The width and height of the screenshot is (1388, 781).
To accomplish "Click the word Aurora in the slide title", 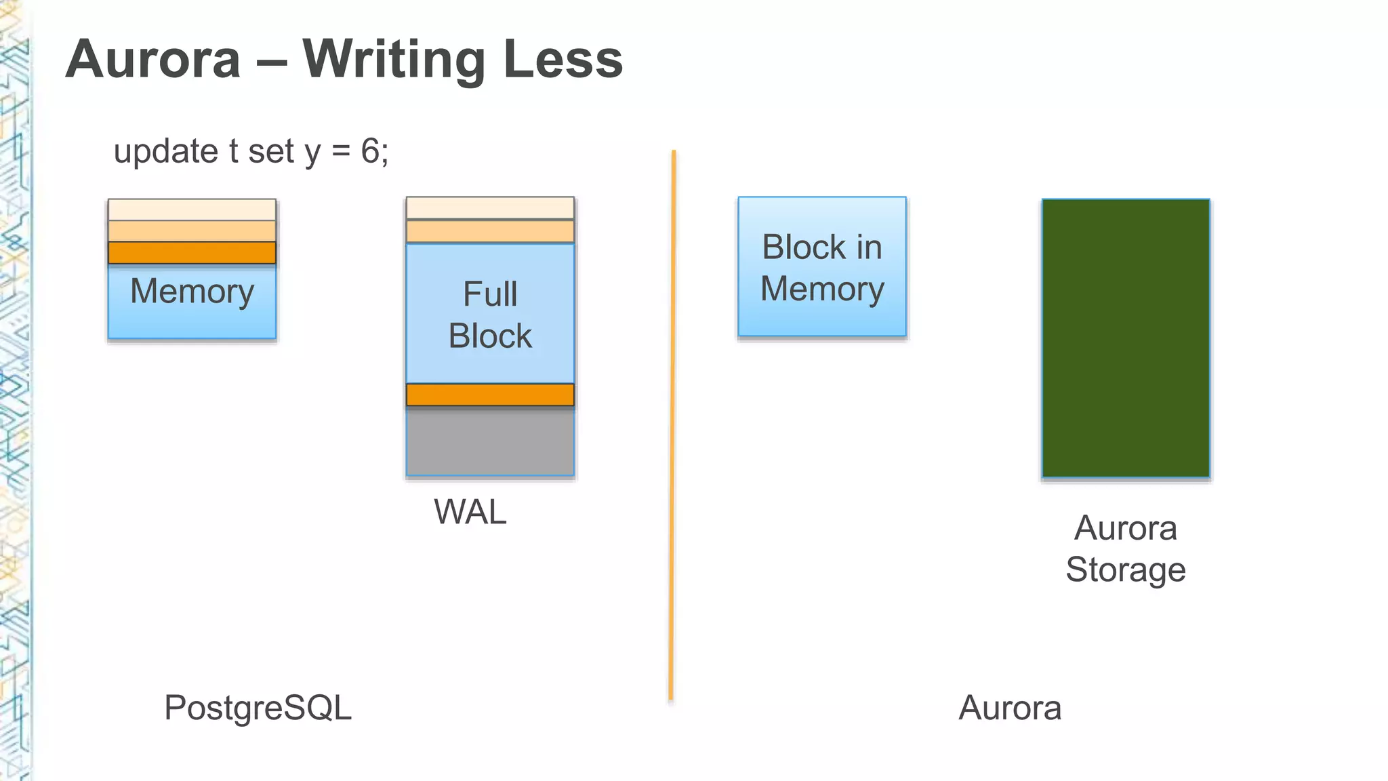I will pos(153,60).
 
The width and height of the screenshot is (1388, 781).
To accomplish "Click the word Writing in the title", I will pos(394,60).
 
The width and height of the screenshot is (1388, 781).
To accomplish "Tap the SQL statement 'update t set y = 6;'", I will pos(251,151).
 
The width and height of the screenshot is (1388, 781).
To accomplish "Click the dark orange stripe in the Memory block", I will pos(192,253).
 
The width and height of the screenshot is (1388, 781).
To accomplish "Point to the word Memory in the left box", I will pos(192,292).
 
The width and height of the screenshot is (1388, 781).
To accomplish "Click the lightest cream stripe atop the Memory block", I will pos(192,209).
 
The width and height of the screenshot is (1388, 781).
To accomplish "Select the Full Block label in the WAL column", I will pos(490,315).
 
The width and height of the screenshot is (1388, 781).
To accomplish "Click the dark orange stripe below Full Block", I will pos(490,395).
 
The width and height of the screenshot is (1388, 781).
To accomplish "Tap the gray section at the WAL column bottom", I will pos(490,442).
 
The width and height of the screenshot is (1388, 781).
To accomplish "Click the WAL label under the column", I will pos(470,512).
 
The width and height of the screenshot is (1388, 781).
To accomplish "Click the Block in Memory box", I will pos(821,267).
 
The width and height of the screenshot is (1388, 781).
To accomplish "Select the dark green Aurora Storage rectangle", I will pos(1125,338).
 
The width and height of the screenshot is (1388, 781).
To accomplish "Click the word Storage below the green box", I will pos(1125,569).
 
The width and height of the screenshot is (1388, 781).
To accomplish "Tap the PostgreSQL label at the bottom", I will pos(258,708).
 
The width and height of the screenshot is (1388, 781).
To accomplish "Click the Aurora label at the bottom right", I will pos(1009,708).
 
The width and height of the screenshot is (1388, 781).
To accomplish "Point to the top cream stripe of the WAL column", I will pos(490,208).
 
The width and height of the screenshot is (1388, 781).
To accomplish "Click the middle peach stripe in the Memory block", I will pos(192,231).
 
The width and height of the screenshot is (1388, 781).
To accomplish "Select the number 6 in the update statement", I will pos(370,151).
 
